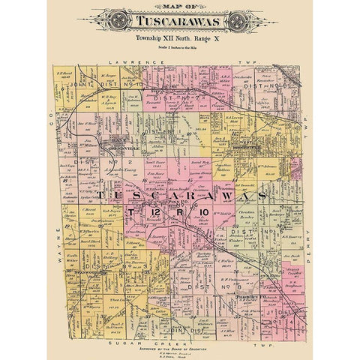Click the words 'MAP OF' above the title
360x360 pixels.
pyautogui.click(x=180, y=9)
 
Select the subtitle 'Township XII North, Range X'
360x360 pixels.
pyautogui.click(x=180, y=36)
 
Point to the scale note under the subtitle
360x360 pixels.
pyautogui.click(x=180, y=44)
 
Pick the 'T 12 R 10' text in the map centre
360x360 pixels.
pyautogui.click(x=179, y=214)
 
